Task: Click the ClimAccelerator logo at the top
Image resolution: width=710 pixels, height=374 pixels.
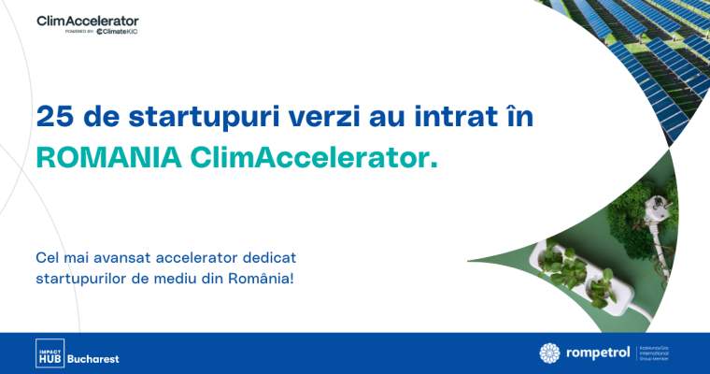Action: [88, 20]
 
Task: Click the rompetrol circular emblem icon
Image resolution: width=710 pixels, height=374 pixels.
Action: [550, 352]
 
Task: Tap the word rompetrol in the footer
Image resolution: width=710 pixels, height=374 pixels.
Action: [597, 353]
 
